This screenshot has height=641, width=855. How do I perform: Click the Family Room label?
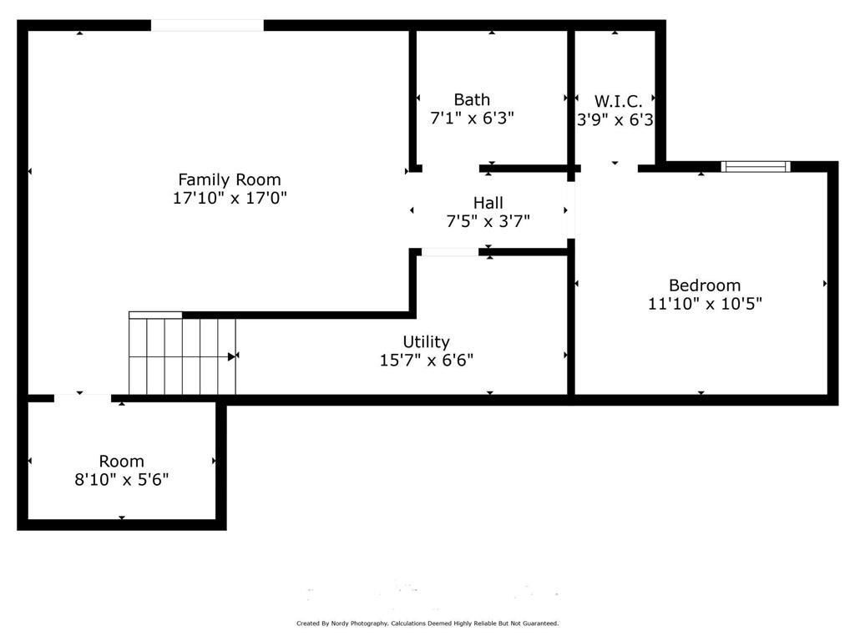click(x=230, y=179)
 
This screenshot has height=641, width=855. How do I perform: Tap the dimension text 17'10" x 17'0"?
click(x=230, y=199)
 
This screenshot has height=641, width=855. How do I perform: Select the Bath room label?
click(x=472, y=100)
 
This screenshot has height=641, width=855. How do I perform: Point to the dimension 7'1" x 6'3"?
click(x=472, y=119)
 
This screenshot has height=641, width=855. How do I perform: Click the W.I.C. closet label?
click(x=618, y=101)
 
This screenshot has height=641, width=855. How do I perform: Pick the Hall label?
click(x=488, y=203)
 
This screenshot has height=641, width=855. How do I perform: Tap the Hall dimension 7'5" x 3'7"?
click(x=488, y=221)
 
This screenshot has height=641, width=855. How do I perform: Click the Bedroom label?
click(x=704, y=285)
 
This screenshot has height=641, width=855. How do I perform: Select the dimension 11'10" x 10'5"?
click(x=704, y=304)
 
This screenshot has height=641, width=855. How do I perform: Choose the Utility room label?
click(x=426, y=342)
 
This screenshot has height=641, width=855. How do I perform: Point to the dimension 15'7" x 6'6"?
click(x=426, y=361)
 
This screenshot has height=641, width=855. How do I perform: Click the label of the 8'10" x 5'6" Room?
click(x=121, y=462)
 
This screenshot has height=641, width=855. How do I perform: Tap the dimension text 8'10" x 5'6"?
click(x=121, y=480)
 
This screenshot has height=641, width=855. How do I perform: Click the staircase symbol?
click(x=182, y=356)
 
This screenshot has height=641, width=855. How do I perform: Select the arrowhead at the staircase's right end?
click(x=231, y=356)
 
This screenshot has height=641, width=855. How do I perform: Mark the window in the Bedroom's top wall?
click(x=756, y=167)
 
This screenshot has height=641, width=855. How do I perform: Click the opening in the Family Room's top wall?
click(x=207, y=25)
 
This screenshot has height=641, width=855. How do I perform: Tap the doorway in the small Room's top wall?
click(x=83, y=399)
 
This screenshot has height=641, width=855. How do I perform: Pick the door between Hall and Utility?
click(x=450, y=251)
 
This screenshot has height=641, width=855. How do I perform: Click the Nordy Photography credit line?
click(x=427, y=623)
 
